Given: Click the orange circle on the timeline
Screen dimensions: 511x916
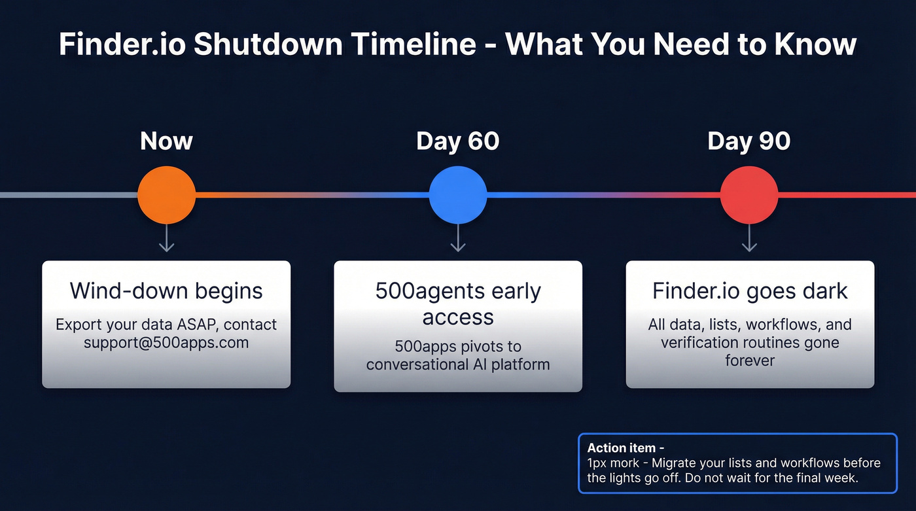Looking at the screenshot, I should click(166, 195).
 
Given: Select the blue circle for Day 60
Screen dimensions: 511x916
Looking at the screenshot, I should click(458, 195).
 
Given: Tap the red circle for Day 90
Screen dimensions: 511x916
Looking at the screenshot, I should click(749, 195).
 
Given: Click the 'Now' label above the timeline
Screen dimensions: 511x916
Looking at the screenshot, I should click(166, 141).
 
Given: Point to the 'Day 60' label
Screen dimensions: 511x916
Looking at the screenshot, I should click(458, 141).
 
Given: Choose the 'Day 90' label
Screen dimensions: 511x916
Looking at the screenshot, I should click(749, 141).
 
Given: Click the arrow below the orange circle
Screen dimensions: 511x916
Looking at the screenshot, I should click(166, 238).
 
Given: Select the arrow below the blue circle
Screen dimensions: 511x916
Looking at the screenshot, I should click(458, 238).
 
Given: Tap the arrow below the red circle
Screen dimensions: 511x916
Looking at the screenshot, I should click(749, 238).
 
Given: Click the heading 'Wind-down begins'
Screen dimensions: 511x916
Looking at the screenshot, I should click(166, 291).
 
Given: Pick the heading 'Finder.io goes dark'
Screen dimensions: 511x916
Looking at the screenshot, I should click(750, 291).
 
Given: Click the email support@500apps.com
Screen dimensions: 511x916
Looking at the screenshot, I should click(166, 342).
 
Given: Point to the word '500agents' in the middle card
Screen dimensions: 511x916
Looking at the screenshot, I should click(430, 291).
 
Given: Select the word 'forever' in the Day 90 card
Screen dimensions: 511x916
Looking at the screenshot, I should click(750, 360).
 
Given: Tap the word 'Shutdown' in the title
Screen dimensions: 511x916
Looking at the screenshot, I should click(280, 44).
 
